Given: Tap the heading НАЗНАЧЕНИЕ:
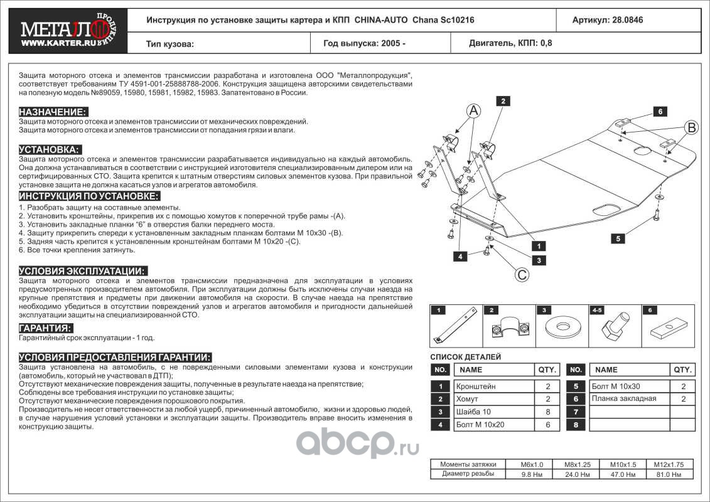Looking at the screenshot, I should pyautogui.click(x=53, y=112).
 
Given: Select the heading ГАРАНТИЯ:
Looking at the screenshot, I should pyautogui.click(x=45, y=328).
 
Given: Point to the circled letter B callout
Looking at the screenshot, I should pyautogui.click(x=691, y=128).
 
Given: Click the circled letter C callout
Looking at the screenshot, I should pyautogui.click(x=521, y=274).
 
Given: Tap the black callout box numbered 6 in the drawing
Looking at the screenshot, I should pyautogui.click(x=660, y=112).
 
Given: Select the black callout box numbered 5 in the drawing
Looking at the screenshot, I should pyautogui.click(x=618, y=238).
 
